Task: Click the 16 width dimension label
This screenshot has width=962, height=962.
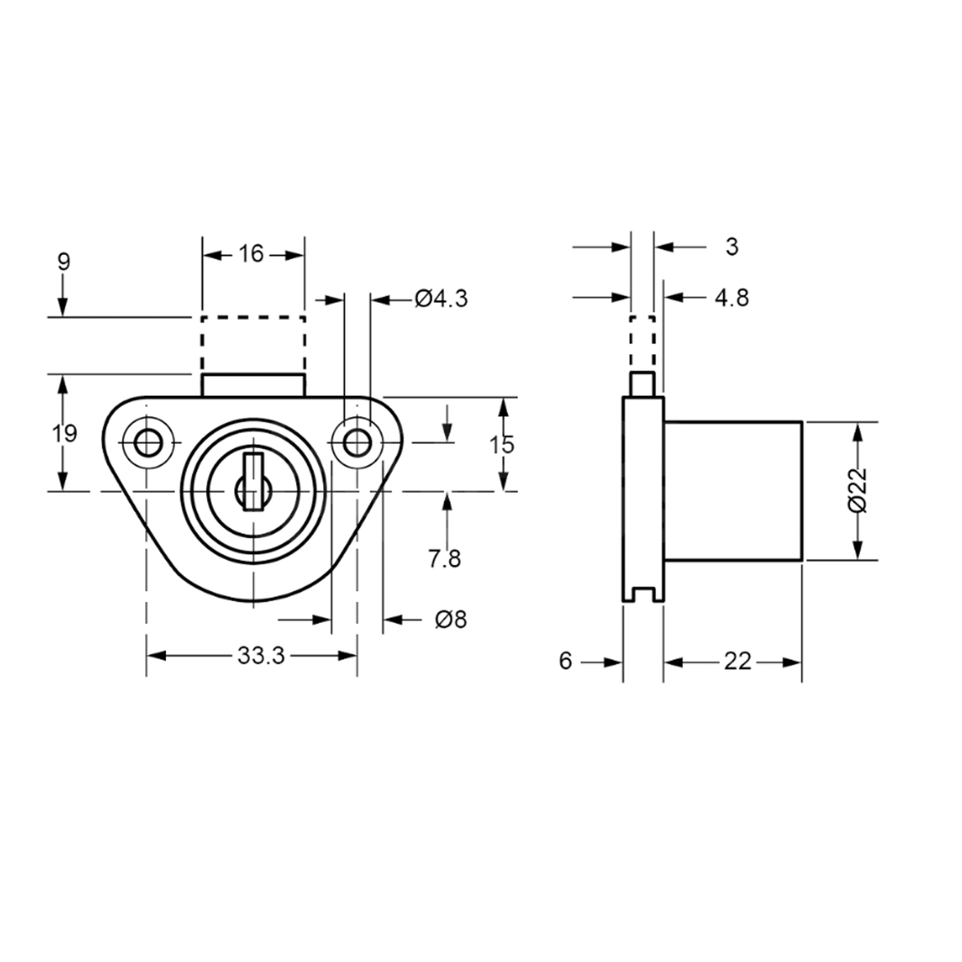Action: [x=251, y=254]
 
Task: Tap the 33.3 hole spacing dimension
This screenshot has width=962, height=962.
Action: [x=261, y=656]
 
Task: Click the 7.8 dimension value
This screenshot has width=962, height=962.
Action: [x=444, y=558]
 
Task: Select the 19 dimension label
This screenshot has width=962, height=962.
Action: [x=65, y=434]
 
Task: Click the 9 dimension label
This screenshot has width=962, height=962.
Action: [x=64, y=262]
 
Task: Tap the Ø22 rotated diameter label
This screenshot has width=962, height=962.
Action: [x=856, y=490]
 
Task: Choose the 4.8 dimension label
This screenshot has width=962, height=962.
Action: [x=730, y=297]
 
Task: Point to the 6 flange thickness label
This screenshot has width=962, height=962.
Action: [x=566, y=661]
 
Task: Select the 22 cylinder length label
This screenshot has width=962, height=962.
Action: [x=738, y=661]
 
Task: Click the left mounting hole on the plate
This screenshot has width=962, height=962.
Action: [x=147, y=441]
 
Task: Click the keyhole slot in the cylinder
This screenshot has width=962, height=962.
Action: [x=253, y=481]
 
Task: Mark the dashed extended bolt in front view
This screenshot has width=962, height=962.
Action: [x=253, y=345]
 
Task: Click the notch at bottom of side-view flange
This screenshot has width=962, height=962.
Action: [x=643, y=594]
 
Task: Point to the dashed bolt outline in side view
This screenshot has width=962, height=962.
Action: [x=642, y=345]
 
